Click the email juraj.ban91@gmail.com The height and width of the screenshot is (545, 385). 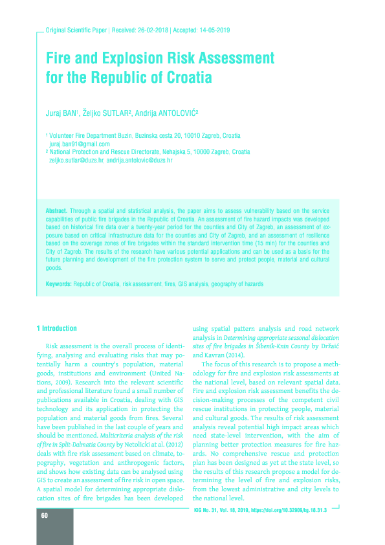80,144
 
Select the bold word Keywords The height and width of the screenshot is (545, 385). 59,285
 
